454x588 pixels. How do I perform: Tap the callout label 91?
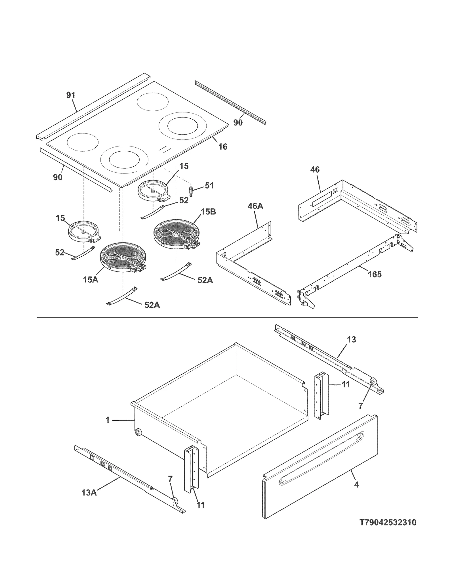(71, 95)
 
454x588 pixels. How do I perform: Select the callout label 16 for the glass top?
(223, 147)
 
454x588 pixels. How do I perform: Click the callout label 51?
(209, 185)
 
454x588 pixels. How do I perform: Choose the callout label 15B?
(209, 212)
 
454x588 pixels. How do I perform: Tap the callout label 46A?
(255, 206)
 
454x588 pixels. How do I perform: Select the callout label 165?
(375, 274)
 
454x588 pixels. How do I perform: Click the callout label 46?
(315, 170)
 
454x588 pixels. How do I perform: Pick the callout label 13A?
(89, 493)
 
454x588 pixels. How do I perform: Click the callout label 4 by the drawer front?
(356, 485)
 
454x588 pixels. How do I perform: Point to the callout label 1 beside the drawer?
(108, 420)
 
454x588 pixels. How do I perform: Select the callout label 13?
(351, 340)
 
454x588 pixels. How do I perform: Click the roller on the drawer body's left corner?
(138, 433)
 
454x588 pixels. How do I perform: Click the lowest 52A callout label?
(152, 305)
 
